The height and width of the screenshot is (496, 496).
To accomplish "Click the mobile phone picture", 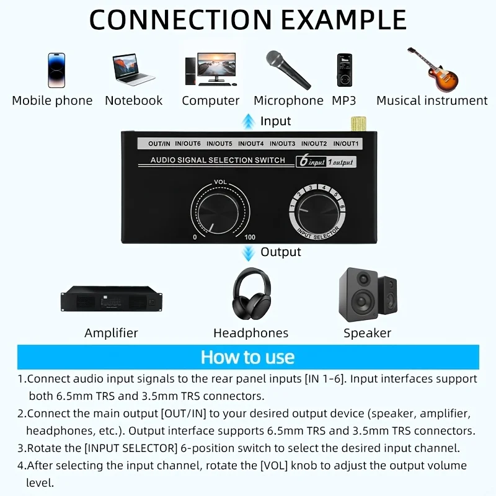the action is tap(56, 70).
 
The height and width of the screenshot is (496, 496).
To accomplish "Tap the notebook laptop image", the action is tap(133, 69).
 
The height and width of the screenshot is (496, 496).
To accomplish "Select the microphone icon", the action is tap(288, 69).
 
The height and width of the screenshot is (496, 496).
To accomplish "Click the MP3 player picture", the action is tap(345, 70).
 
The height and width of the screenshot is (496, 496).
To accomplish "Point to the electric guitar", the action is tap(433, 69).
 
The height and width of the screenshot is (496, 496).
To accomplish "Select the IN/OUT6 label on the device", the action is tap(188, 144).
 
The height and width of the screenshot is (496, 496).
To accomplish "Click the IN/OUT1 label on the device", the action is tap(346, 144).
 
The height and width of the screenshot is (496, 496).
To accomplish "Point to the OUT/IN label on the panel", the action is tap(159, 144).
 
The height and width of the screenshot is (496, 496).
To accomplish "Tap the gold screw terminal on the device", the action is tap(358, 124).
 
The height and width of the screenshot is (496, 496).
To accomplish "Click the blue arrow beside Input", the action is tap(249, 121).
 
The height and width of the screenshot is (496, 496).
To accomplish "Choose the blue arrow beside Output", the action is tap(249, 253).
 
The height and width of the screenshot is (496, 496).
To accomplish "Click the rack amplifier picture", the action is tap(112, 299).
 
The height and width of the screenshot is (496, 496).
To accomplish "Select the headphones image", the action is tap(252, 293).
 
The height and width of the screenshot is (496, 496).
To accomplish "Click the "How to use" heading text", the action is tap(247, 357).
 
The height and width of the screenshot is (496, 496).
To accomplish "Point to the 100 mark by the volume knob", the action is tap(250, 237).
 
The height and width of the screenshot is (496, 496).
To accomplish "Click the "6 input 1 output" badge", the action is tap(326, 161).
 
